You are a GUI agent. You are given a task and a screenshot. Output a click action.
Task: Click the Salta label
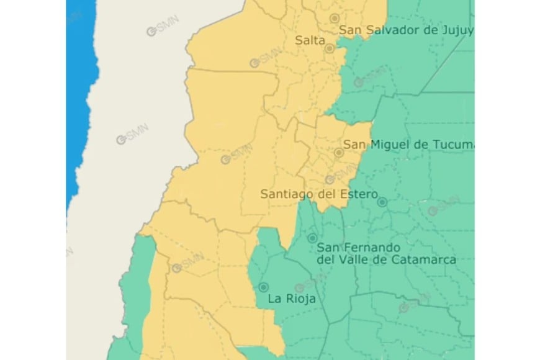point(310,40)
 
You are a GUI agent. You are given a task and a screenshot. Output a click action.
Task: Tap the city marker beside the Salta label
point(330,48)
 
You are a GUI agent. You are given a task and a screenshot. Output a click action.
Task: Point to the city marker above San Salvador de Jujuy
point(335,18)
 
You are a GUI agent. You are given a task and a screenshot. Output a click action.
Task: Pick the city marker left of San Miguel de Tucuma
point(339,152)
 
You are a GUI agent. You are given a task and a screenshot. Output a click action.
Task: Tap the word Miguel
point(390,145)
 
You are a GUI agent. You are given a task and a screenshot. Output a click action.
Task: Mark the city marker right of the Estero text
point(382,202)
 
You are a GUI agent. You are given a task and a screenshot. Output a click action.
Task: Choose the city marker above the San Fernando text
point(312,238)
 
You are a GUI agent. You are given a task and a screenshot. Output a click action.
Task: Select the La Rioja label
point(291,299)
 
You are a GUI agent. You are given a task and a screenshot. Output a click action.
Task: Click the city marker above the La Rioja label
point(264,287)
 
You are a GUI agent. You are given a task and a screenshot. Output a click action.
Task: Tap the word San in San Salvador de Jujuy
point(350,30)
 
